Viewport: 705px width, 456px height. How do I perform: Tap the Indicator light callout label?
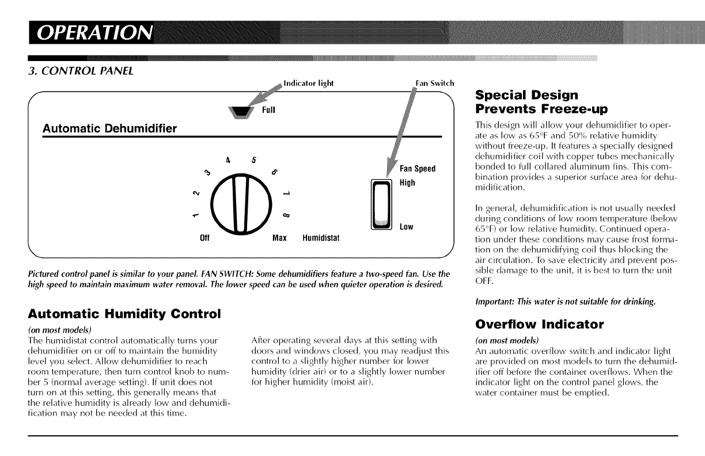309,83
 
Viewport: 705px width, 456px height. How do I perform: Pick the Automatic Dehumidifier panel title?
110,128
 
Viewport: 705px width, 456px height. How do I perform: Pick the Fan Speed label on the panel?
418,169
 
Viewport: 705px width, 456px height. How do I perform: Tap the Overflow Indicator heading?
539,324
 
